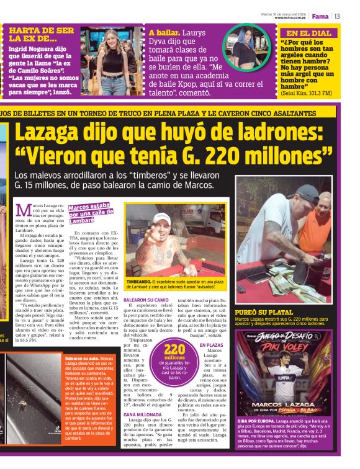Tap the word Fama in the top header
tap(320, 16)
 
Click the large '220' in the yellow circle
tap(174, 349)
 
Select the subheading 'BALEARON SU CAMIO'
tap(146, 300)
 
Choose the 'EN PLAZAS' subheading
tap(212, 344)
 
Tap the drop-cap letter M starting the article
tap(22, 211)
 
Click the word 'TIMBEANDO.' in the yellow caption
tap(139, 280)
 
